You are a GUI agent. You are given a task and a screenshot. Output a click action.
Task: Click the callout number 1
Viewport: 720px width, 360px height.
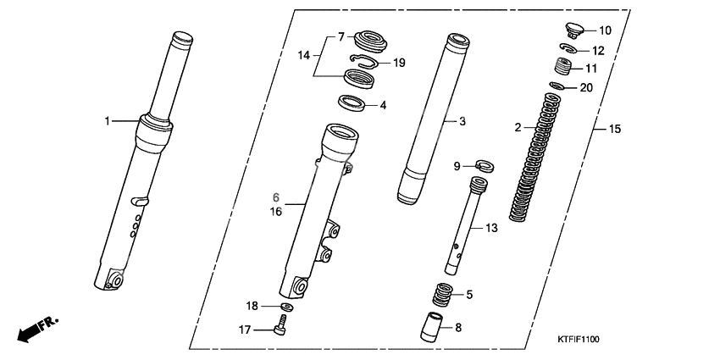(108, 121)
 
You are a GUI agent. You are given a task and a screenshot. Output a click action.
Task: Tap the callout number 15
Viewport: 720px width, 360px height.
(615, 130)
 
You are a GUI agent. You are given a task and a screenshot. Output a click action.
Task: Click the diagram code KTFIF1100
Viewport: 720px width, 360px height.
(579, 339)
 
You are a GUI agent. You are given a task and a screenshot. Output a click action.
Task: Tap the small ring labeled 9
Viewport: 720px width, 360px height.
(485, 164)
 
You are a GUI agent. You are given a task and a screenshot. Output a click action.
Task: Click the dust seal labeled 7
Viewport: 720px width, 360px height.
(370, 39)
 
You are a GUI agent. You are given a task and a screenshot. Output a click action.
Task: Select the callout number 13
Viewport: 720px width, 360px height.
(490, 229)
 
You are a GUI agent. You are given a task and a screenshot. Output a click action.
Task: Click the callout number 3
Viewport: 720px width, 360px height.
(462, 122)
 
